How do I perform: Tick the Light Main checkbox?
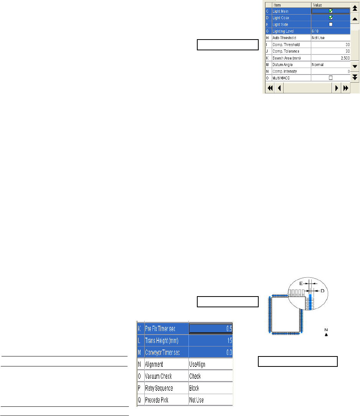point(330,11)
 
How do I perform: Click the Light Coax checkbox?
point(330,18)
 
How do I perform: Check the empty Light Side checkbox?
point(330,24)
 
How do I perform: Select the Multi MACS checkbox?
point(330,78)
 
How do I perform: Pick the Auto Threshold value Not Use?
point(319,38)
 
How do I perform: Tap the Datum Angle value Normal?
point(318,65)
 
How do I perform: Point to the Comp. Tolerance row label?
point(286,51)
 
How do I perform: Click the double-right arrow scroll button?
point(346,88)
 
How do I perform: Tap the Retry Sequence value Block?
point(194,388)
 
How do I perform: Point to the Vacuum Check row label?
point(159,376)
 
